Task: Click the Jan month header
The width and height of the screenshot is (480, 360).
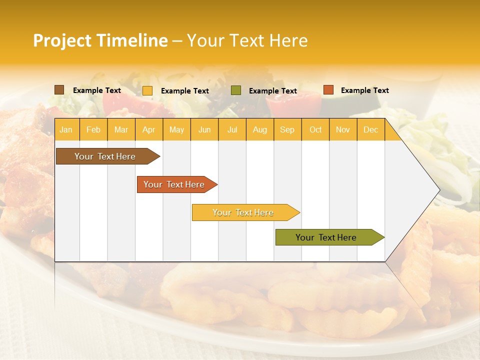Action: [66, 130]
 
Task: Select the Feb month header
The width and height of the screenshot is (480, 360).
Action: [93, 130]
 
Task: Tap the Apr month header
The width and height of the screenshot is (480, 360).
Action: [149, 130]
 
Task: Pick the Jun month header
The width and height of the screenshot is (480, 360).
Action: [204, 130]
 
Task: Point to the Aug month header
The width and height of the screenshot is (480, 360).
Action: [260, 130]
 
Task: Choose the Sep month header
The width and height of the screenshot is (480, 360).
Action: [287, 130]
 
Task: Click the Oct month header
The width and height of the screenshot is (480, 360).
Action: [315, 130]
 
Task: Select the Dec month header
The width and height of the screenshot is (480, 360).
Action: [371, 130]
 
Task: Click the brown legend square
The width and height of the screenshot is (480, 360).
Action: [59, 90]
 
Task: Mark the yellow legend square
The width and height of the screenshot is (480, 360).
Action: [147, 90]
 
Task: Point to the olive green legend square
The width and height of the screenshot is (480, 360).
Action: [236, 90]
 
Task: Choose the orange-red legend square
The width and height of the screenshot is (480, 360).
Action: [328, 90]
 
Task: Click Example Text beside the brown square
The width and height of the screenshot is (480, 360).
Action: [97, 90]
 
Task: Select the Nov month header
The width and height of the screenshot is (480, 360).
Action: [343, 130]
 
